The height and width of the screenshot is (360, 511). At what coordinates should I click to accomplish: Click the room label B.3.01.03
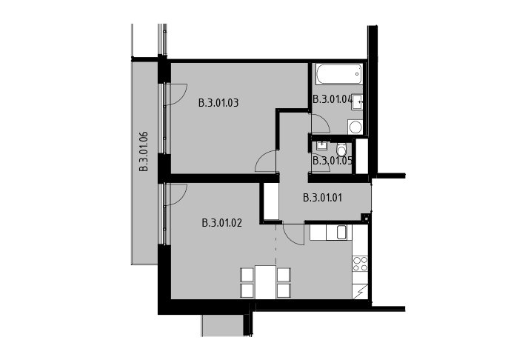point(218,103)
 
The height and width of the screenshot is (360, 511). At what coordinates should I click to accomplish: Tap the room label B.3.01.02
point(222,224)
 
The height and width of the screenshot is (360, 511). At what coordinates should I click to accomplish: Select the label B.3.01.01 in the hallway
point(323,198)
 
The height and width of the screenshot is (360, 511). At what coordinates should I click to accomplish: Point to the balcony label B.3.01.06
point(144,151)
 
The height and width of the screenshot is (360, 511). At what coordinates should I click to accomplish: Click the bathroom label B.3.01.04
point(333,99)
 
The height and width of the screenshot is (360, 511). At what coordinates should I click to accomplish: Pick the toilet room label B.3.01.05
point(333,161)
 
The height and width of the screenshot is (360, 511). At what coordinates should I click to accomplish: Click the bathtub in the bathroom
point(339,74)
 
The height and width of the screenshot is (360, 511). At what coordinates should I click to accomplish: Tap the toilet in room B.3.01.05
point(342,150)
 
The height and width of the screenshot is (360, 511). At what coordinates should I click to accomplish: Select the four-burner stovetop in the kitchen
point(361,264)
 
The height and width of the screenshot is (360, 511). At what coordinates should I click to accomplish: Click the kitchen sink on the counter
point(342,233)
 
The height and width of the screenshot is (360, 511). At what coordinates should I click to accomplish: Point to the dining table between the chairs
point(265,282)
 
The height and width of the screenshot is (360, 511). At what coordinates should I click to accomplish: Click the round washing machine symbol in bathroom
point(355,127)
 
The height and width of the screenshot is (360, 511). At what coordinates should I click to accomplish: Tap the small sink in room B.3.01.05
point(321,145)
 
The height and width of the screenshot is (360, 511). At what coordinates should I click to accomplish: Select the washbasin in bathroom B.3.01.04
point(358,102)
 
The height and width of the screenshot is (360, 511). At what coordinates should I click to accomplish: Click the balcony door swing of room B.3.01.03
point(176,95)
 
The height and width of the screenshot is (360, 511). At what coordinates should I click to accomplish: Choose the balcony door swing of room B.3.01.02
point(176,195)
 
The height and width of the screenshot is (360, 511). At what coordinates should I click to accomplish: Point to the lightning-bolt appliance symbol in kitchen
point(361,291)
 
